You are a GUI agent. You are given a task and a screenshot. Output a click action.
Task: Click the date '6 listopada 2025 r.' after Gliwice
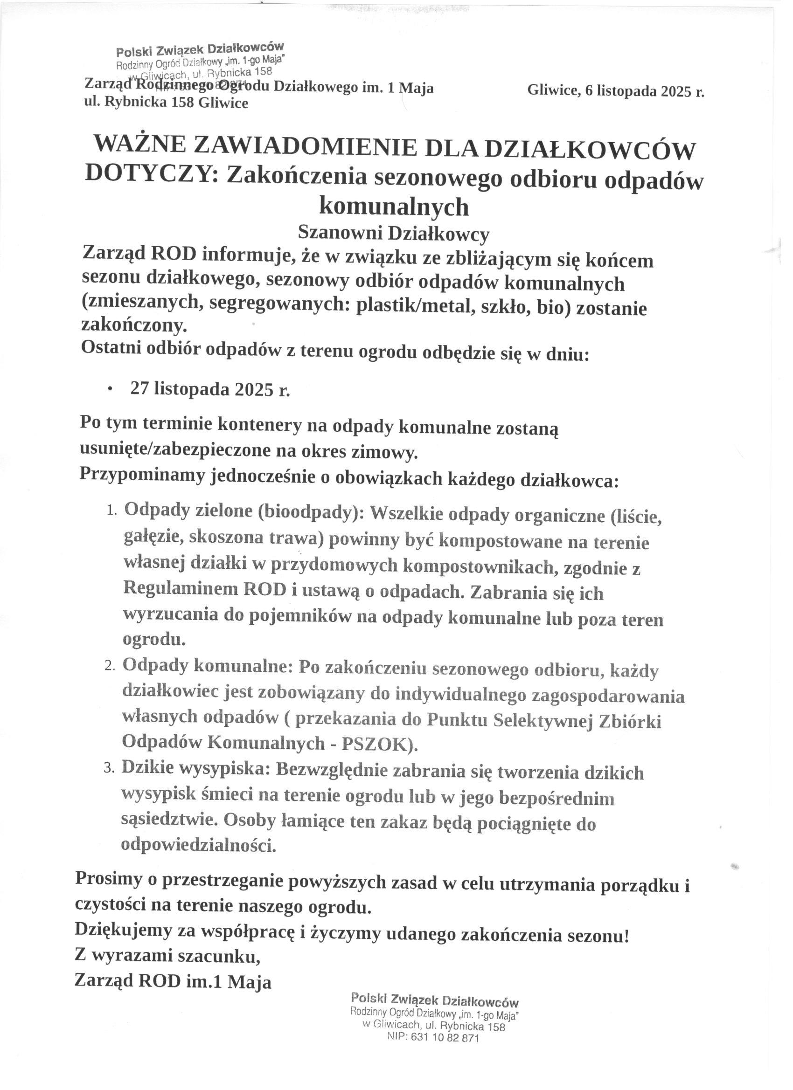pyautogui.click(x=645, y=90)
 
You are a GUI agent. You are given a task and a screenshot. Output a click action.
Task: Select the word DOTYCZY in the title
pyautogui.click(x=147, y=173)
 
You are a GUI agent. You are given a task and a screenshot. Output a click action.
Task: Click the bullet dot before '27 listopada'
pyautogui.click(x=111, y=389)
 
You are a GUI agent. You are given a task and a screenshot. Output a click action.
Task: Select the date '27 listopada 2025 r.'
pyautogui.click(x=210, y=388)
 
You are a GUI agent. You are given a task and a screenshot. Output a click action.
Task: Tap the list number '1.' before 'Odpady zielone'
pyautogui.click(x=111, y=511)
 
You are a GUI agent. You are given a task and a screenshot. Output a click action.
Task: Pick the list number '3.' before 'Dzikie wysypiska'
pyautogui.click(x=109, y=769)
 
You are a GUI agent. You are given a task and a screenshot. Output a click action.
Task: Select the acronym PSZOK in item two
pyautogui.click(x=376, y=745)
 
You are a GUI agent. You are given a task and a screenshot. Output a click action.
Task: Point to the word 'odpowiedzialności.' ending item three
pyautogui.click(x=199, y=844)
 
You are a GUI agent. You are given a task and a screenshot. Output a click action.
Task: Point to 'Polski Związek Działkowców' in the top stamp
pyautogui.click(x=200, y=49)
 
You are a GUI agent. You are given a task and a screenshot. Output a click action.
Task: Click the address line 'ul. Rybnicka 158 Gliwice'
pyautogui.click(x=167, y=103)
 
